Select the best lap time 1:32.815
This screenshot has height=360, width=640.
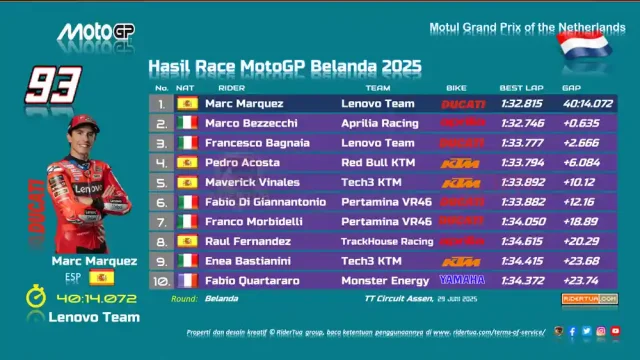point(521,103)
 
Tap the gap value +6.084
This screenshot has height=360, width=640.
point(581,162)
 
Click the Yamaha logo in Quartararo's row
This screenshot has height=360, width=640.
point(462,280)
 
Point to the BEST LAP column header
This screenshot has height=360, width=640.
point(521,88)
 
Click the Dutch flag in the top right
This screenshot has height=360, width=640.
point(585,46)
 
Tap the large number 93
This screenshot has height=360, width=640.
point(53,84)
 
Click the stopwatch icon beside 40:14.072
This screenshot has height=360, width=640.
point(36,297)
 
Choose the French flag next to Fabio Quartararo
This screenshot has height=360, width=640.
point(187,281)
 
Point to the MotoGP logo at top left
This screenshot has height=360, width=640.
point(94,32)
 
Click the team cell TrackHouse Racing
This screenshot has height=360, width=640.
point(387,241)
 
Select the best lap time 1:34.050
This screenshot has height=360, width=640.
point(521,221)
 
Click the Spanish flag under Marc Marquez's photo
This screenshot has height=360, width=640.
point(100,277)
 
